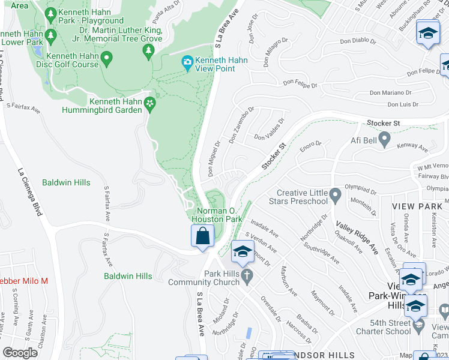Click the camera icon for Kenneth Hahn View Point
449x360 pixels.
pos(187,62)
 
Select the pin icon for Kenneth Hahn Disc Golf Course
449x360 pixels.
pos(107,59)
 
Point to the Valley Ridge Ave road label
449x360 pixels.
pos(357,235)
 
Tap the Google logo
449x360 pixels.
pos(20,353)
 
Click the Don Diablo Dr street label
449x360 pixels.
pos(357,42)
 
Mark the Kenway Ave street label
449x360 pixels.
pos(415,146)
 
